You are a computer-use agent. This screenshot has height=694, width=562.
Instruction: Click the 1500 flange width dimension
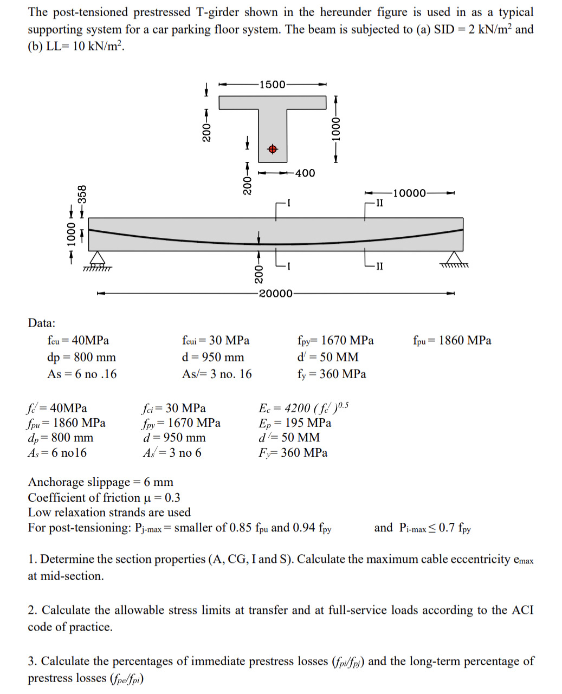pos(273,85)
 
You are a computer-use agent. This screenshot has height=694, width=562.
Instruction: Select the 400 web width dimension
pos(305,173)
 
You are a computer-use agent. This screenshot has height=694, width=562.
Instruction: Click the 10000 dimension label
pos(409,193)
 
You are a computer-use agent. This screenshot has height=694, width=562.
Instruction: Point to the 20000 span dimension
pos(275,294)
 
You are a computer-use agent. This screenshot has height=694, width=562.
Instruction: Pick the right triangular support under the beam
pos(455,258)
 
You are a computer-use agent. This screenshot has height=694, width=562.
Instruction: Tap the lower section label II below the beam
pos(379,265)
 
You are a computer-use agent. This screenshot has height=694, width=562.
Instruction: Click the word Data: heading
pos(42,323)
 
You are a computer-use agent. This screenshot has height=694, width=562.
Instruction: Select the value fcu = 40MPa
pos(77,340)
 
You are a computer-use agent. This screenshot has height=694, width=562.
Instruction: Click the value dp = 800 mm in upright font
pos(81,357)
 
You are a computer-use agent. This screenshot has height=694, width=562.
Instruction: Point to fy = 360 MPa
pos(331,374)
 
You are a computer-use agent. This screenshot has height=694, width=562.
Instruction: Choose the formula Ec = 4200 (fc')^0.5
pos(303,407)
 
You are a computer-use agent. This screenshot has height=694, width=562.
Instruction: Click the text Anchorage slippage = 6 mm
pos(101,482)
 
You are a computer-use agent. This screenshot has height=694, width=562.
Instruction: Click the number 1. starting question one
pos(32,559)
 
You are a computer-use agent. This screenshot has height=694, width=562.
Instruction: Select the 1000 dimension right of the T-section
pos(336,129)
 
